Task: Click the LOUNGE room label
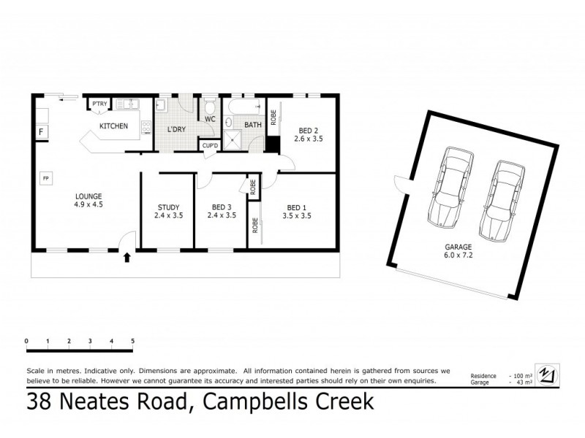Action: (87, 196)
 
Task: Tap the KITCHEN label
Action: (113, 126)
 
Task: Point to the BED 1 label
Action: (299, 207)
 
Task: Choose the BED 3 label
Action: (221, 207)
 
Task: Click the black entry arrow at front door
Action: (128, 257)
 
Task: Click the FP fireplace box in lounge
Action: (45, 177)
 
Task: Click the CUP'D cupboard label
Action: (211, 145)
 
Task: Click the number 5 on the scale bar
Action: (132, 341)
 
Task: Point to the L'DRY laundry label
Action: (176, 129)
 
